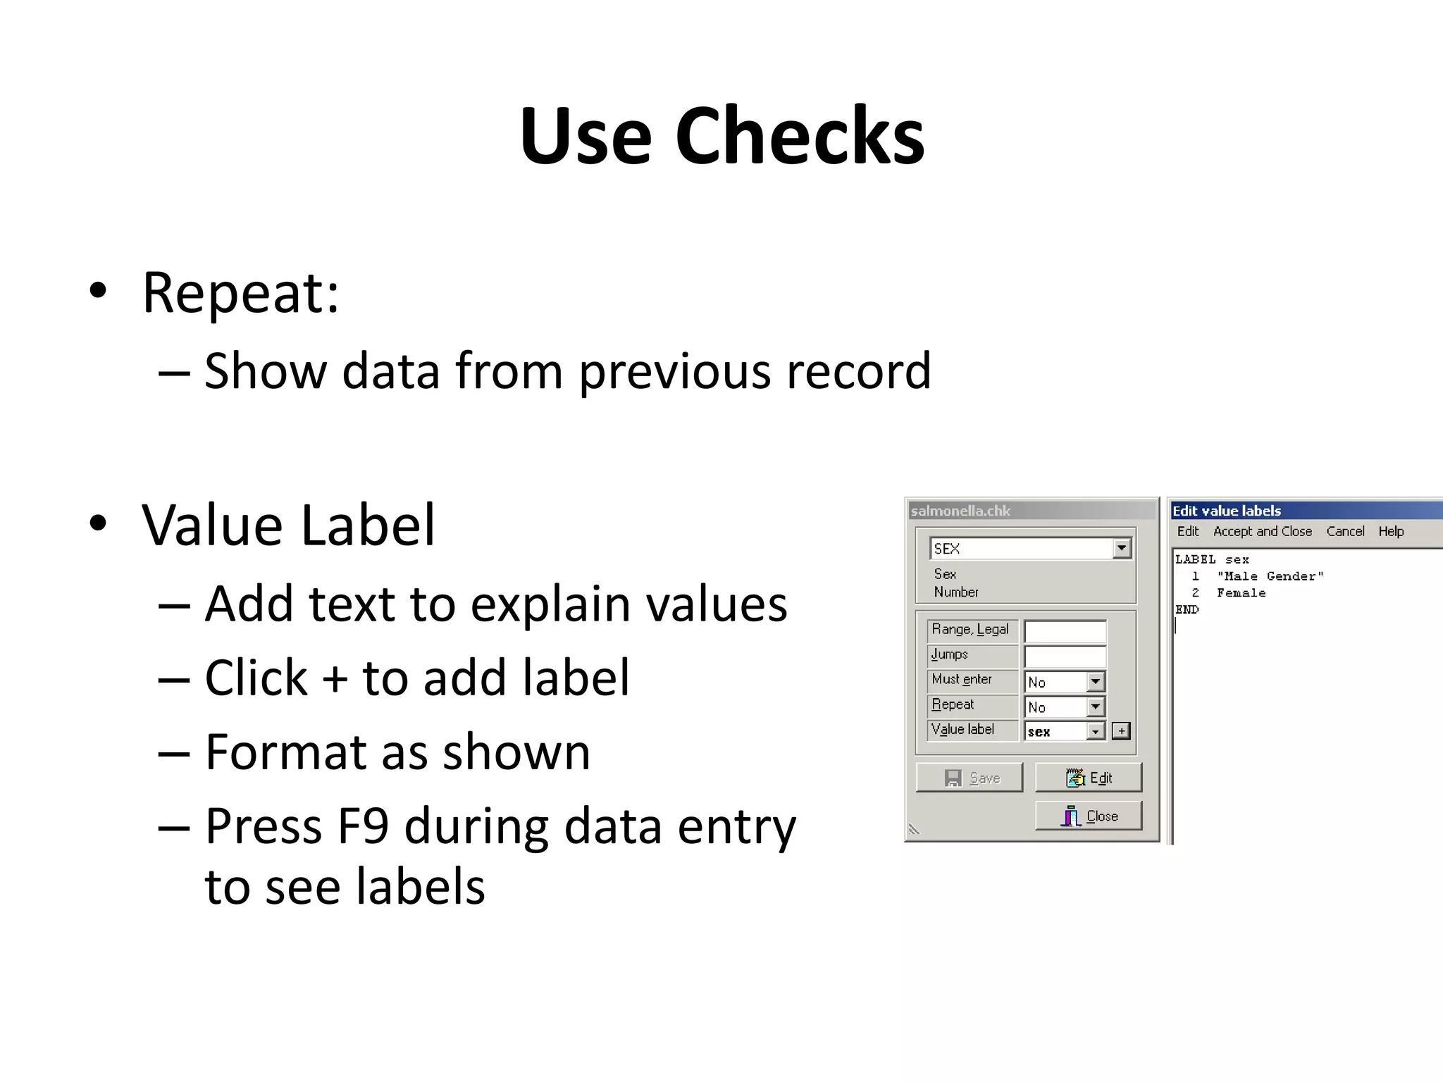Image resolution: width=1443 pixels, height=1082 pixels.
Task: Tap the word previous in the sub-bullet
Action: [674, 371]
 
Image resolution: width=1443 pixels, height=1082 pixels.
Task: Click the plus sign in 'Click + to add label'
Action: [335, 678]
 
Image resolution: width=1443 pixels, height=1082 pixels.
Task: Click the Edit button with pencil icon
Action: [1089, 778]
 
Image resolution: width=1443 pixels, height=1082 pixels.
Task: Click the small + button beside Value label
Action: [1121, 731]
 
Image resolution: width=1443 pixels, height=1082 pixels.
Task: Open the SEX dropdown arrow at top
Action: [1121, 548]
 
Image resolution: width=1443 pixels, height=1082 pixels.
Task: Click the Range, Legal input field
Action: [1065, 631]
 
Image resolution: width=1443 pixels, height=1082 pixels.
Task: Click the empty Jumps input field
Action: [1065, 656]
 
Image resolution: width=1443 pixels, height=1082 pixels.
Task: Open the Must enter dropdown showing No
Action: [1095, 681]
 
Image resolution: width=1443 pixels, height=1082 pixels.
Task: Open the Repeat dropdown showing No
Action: [1095, 707]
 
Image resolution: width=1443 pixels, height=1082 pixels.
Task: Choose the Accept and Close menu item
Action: [1262, 531]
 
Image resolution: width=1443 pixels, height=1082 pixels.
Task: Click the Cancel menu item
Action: [1345, 531]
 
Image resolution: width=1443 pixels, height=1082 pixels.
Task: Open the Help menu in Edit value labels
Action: [1391, 531]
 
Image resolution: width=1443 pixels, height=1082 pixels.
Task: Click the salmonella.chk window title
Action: [960, 511]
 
